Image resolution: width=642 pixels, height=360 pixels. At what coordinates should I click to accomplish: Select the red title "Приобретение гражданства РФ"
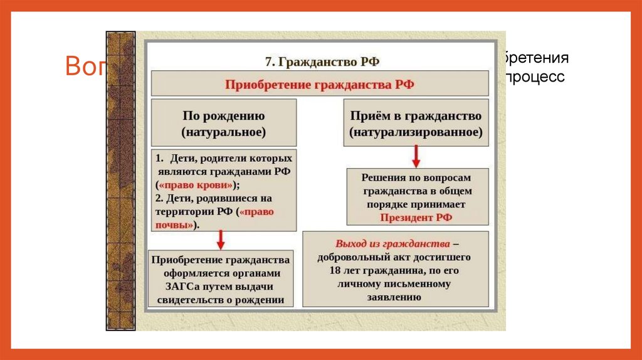click(x=320, y=83)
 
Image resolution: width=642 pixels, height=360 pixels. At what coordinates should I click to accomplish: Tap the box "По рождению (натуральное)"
click(x=224, y=124)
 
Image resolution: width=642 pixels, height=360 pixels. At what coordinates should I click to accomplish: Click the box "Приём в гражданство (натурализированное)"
click(x=416, y=124)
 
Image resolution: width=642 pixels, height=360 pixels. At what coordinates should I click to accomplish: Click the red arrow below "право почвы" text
click(x=220, y=239)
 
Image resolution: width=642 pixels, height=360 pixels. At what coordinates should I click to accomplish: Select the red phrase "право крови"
click(x=197, y=185)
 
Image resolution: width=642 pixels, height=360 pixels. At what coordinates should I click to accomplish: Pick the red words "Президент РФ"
click(x=416, y=218)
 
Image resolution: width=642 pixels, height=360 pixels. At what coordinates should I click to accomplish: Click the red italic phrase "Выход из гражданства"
click(x=392, y=243)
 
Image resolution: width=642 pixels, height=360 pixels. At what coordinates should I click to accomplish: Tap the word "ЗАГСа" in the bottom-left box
click(x=182, y=287)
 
